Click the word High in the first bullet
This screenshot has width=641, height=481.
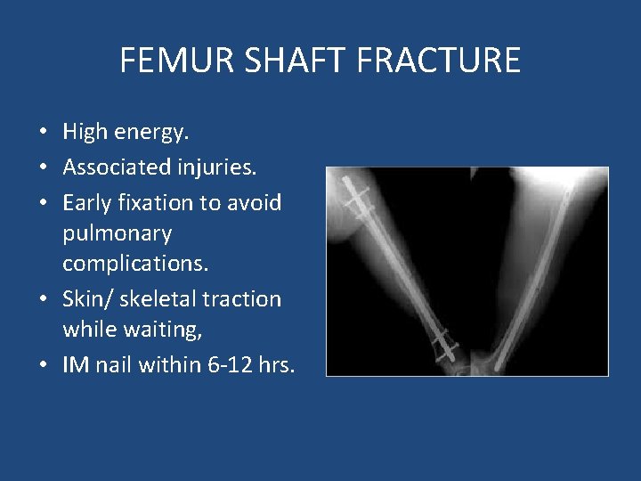pyautogui.click(x=85, y=133)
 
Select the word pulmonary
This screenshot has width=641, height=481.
pyautogui.click(x=117, y=234)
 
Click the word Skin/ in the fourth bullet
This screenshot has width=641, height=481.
pyautogui.click(x=87, y=299)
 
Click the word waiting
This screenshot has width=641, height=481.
pyautogui.click(x=160, y=330)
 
